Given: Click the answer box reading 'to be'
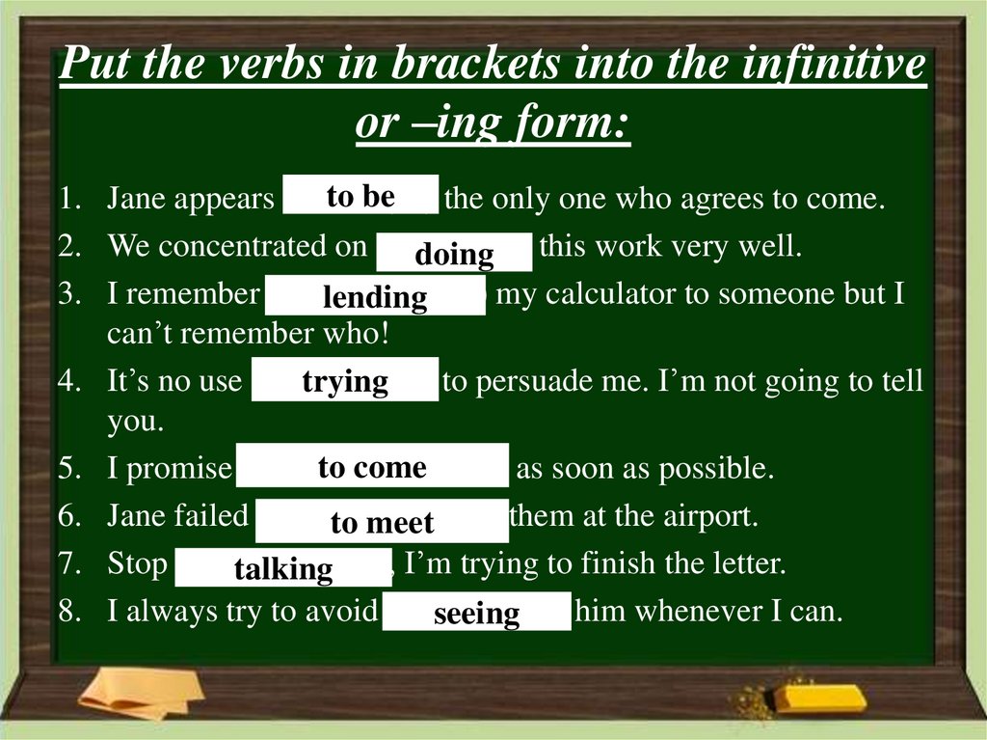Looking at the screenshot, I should coord(360,197).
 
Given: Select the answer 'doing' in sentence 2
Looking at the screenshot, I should coord(453,254).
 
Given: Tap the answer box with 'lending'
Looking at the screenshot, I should coord(375,296).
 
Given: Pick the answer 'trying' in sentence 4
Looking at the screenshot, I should coord(345,381).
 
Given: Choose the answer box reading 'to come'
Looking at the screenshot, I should coord(372,468).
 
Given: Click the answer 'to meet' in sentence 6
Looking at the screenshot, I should coord(382,522).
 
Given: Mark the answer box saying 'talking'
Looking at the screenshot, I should coord(283,568).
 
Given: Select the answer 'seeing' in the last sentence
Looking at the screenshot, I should coord(476,613).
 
